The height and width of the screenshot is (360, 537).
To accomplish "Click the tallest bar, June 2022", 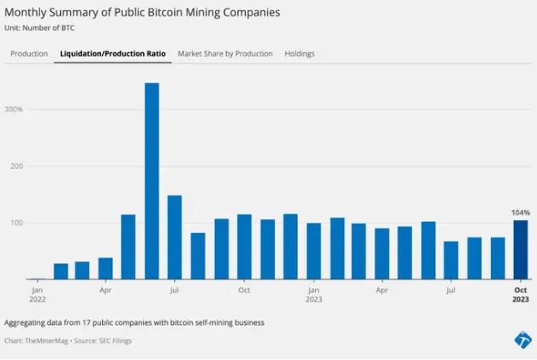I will pos(152,181).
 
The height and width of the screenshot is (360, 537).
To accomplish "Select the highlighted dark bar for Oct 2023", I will pos(521,249).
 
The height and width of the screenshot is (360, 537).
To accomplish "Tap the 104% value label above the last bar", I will pos(521,212).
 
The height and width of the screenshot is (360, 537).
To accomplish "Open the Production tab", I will pos(29,53).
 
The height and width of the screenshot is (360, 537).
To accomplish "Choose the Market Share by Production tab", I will pos(225,53).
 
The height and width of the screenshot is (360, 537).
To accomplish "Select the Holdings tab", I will pos(300,53).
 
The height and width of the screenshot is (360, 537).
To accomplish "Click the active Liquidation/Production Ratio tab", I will pos(113,53).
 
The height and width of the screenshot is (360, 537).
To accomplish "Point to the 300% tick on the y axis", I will pos(13,110).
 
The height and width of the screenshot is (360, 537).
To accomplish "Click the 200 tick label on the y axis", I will pos(15,166).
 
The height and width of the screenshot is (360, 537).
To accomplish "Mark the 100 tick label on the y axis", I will pos(15,223).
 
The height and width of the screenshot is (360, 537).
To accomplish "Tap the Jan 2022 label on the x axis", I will pos(38,295).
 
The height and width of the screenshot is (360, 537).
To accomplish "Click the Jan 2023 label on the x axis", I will pos(314,295).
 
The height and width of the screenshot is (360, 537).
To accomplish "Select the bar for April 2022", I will pos(105,268).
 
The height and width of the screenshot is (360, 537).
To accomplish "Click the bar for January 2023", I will pos(313,251).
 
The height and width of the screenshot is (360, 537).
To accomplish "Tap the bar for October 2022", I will pos(244,247).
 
